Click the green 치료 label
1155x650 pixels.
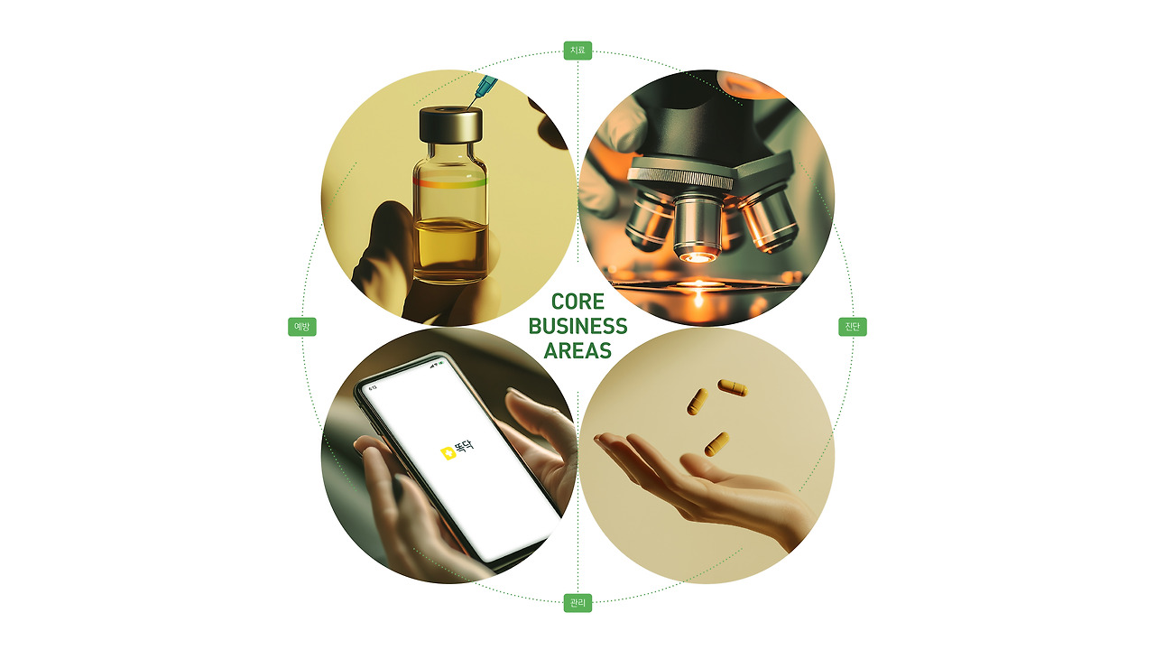tap(577, 51)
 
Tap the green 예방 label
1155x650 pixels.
tap(302, 327)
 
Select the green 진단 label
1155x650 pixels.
tap(853, 327)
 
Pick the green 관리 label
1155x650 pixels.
tap(577, 602)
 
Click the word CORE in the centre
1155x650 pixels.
tap(577, 302)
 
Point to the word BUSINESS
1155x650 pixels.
tap(577, 326)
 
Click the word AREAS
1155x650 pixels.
tap(577, 351)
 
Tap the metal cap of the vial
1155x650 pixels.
tap(450, 125)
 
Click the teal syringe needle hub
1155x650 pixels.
tap(485, 88)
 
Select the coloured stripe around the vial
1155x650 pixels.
tap(450, 182)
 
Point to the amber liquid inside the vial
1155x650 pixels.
tap(450, 250)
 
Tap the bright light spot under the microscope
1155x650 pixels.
tap(698, 285)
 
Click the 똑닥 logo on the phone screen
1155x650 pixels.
tap(457, 450)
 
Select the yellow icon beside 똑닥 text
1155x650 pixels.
tap(448, 453)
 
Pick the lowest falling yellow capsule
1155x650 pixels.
tap(716, 444)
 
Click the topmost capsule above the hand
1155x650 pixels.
tap(733, 387)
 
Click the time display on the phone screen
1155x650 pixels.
tap(374, 387)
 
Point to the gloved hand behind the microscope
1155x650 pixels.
tap(614, 154)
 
